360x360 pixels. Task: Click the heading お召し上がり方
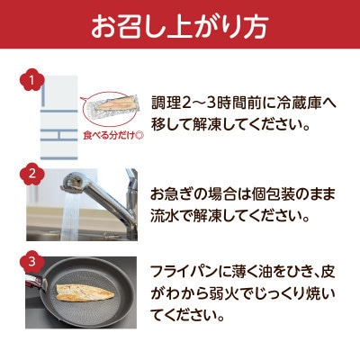tap(180, 27)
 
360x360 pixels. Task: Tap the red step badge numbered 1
tap(32, 82)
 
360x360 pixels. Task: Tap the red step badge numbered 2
tap(32, 173)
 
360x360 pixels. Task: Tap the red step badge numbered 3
tap(32, 263)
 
